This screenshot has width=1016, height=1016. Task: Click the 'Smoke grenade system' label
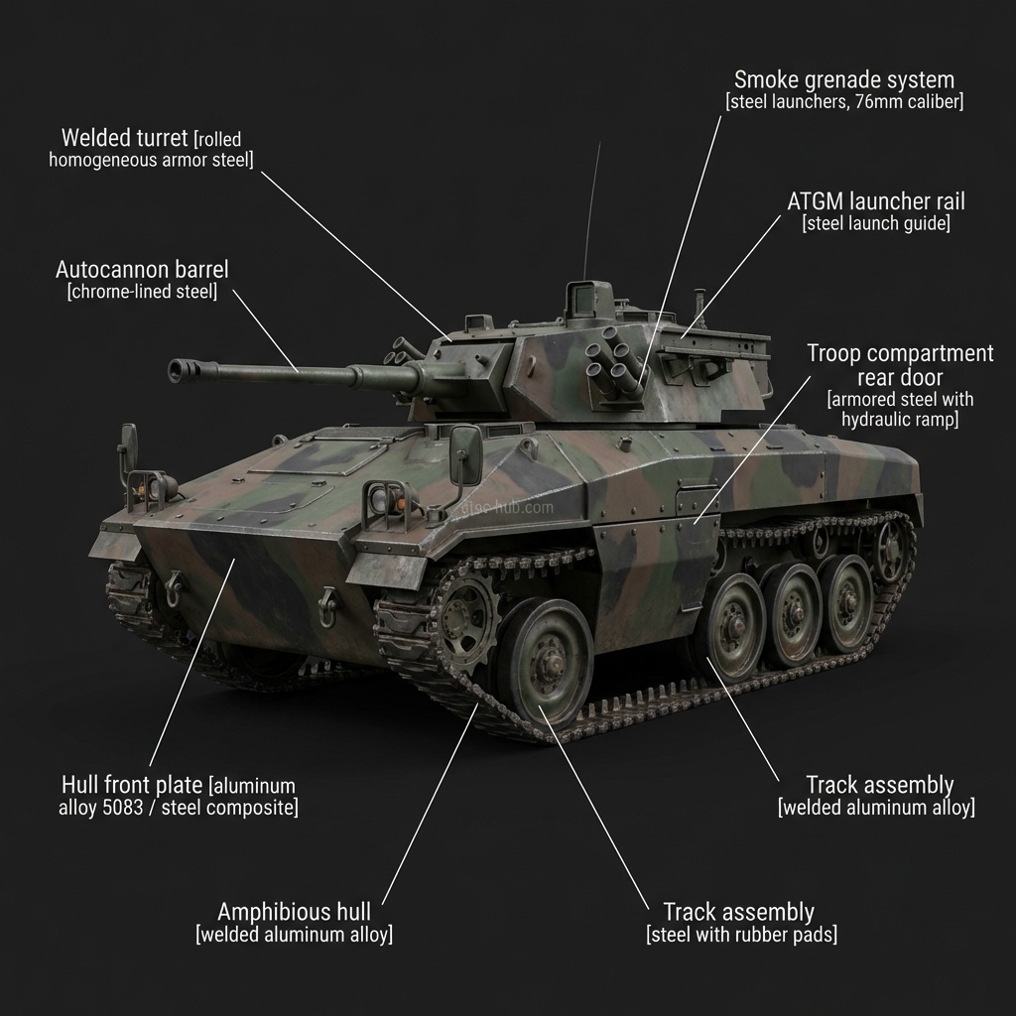[x=843, y=79]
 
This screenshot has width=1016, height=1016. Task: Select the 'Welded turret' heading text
[x=124, y=137]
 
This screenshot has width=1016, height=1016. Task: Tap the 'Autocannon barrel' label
[x=142, y=269]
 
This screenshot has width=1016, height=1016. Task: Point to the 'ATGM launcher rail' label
[x=875, y=200]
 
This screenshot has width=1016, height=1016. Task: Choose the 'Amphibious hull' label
[x=294, y=911]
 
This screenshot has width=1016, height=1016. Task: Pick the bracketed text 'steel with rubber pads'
[x=741, y=935]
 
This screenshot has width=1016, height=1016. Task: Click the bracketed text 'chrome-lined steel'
[x=142, y=292]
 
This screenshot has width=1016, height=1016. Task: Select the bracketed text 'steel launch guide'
[x=875, y=224]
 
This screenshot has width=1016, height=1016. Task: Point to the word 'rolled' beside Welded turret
[x=220, y=139]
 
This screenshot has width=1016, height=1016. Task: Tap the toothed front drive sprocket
[x=464, y=612]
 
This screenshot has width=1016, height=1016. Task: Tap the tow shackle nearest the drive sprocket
[x=326, y=606]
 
